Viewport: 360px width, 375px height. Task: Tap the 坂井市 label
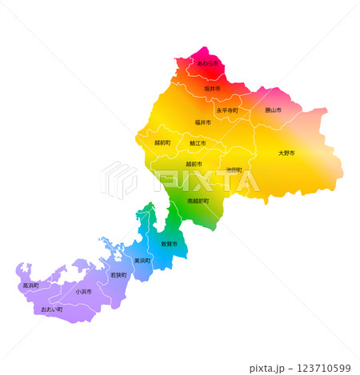coord(212,88)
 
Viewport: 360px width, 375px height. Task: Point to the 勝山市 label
coord(270,110)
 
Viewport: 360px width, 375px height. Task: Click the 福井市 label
coord(203,122)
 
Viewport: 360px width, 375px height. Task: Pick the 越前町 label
coord(162,142)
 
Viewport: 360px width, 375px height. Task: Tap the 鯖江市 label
coord(197,143)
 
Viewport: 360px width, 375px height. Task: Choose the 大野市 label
coord(286,152)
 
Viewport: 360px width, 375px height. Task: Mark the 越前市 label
coord(194,164)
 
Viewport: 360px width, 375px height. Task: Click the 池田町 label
coord(234,170)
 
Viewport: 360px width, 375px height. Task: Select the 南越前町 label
coord(198,201)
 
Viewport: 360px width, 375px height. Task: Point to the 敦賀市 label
coord(169,243)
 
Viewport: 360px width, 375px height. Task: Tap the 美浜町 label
coord(142,261)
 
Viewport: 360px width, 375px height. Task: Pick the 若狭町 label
coord(118,275)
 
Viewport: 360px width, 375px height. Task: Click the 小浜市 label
coord(83,292)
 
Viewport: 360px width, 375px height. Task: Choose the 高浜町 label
coord(30,285)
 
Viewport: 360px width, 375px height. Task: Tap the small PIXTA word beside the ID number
coord(269,368)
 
